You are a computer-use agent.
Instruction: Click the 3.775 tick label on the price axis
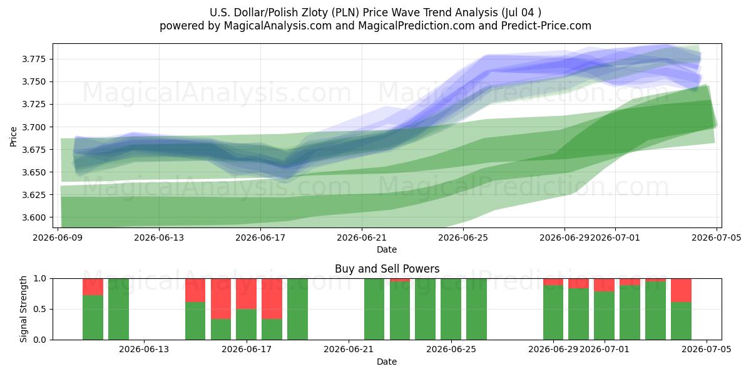click(33, 60)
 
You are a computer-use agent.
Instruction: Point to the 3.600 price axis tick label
click(33, 217)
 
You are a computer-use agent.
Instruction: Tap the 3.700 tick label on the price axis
click(33, 127)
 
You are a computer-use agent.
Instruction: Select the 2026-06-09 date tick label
click(58, 238)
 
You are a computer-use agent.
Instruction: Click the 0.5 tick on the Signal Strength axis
click(39, 309)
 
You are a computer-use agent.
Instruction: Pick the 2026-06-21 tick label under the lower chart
click(349, 350)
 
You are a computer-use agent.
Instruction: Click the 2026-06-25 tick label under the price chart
click(463, 238)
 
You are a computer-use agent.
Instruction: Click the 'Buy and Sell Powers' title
click(387, 269)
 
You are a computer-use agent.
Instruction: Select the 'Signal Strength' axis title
click(23, 309)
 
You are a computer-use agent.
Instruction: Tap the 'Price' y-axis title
click(13, 137)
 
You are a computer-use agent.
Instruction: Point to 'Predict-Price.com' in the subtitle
click(546, 26)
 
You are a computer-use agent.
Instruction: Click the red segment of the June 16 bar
click(221, 299)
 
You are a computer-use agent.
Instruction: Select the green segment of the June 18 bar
click(272, 330)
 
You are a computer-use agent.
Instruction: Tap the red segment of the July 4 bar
click(682, 290)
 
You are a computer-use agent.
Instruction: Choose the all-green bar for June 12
click(118, 309)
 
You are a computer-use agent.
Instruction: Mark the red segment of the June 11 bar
click(93, 287)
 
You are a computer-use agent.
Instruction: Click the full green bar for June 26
click(476, 309)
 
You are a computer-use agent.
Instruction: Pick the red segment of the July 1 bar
click(604, 285)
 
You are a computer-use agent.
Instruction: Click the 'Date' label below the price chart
click(387, 249)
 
